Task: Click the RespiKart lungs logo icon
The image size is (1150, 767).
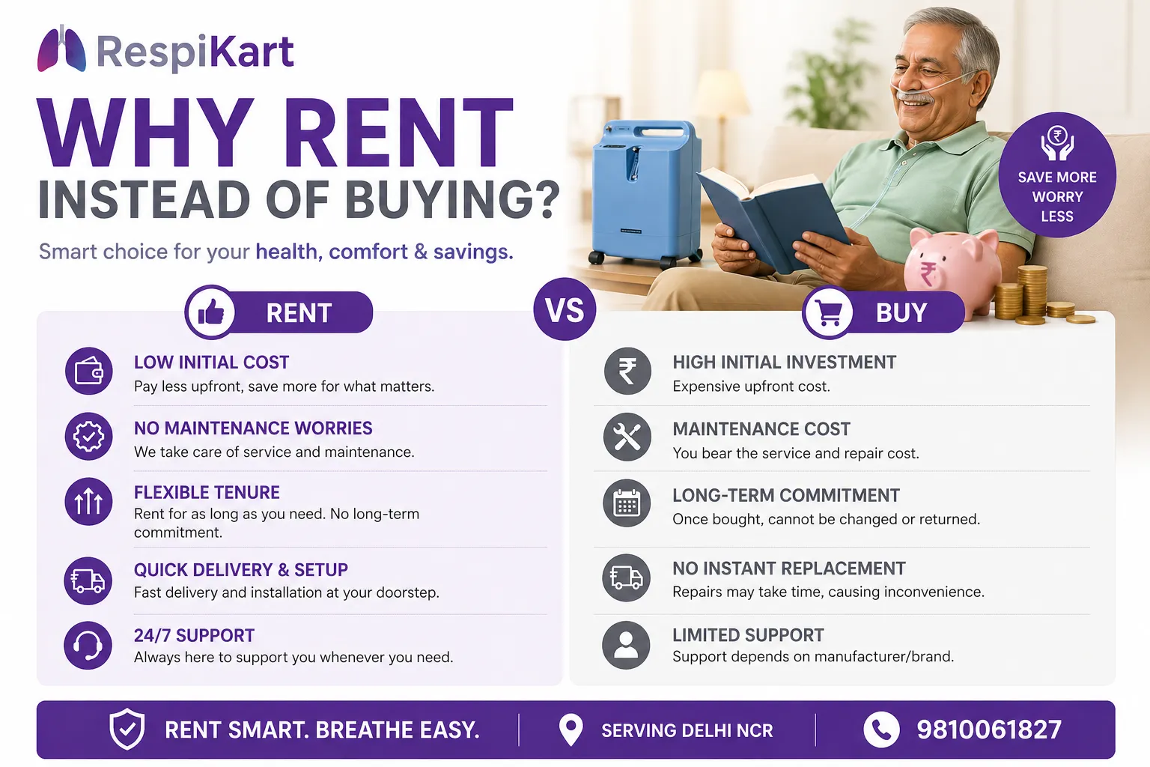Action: click(61, 49)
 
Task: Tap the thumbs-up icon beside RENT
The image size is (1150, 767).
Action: click(210, 312)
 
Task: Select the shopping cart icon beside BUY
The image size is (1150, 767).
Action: click(829, 312)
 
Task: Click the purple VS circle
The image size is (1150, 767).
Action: click(565, 309)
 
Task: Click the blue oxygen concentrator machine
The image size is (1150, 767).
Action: click(645, 191)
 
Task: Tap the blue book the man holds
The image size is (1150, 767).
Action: click(771, 217)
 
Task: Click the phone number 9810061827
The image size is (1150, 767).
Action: click(989, 730)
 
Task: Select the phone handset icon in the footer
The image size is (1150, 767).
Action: click(881, 730)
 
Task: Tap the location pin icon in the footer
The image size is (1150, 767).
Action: click(571, 729)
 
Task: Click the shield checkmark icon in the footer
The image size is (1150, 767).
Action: click(127, 729)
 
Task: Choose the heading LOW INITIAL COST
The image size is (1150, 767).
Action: click(211, 363)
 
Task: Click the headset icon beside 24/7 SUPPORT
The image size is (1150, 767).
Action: click(88, 645)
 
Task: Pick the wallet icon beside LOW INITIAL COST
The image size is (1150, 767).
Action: click(88, 371)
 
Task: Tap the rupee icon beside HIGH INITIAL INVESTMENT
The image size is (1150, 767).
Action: click(627, 371)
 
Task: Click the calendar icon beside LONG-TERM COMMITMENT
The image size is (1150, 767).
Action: click(627, 503)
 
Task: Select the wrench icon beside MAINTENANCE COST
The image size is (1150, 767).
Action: click(627, 437)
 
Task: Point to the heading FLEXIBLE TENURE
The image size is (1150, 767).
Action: click(207, 492)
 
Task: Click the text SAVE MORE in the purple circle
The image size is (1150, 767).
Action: click(1056, 178)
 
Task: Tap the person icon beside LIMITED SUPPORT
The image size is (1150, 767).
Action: click(626, 644)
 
